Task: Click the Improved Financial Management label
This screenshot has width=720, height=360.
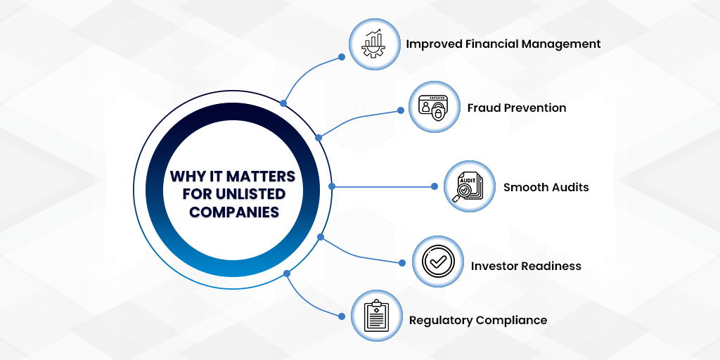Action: [x=503, y=44]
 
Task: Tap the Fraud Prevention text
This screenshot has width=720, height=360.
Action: [x=516, y=108]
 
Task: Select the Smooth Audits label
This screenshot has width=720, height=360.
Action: [x=546, y=187]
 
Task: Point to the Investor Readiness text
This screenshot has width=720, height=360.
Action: [x=526, y=266]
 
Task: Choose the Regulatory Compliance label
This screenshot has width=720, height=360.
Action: [x=478, y=320]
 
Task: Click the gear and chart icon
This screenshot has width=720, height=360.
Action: [x=374, y=44]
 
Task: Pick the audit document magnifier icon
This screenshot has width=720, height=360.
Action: [x=470, y=187]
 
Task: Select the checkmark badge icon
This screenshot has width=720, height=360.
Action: [x=437, y=262]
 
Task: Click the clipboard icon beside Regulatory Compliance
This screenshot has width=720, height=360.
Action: [x=376, y=316]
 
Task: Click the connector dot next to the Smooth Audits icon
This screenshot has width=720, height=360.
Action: [x=434, y=186]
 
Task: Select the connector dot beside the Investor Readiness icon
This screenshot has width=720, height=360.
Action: [x=402, y=263]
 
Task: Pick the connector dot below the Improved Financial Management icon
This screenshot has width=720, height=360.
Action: [x=342, y=56]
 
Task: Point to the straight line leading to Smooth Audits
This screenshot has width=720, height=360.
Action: [x=383, y=186]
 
